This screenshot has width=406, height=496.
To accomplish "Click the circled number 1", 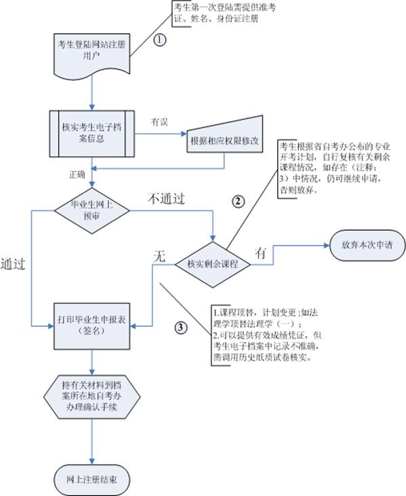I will pyautogui.click(x=160, y=40).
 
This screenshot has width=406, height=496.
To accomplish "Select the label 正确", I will pyautogui.click(x=77, y=174).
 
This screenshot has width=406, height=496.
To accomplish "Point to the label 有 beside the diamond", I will pyautogui.click(x=260, y=252).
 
